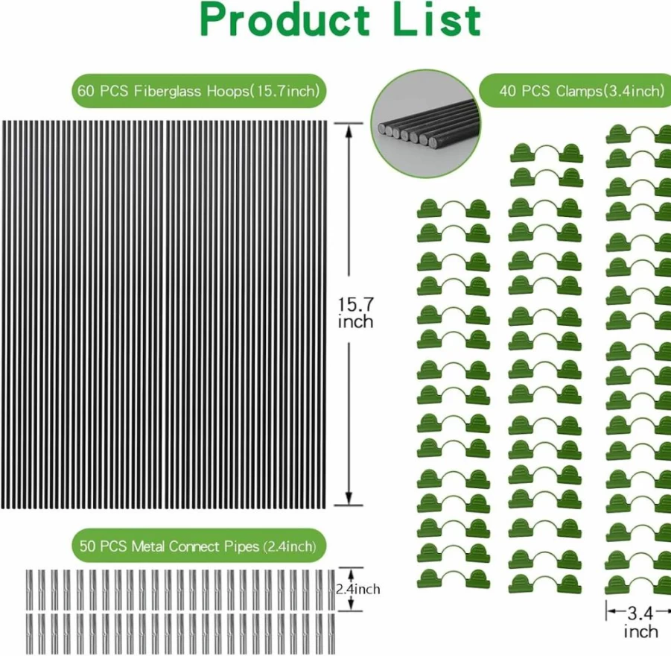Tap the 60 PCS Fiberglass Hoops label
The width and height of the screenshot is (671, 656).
pos(199,91)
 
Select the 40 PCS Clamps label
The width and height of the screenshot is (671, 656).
pos(582,90)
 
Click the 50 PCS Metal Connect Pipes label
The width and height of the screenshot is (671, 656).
pos(198,546)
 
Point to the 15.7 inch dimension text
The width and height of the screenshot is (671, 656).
pos(356,313)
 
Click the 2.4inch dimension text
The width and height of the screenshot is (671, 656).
pos(357,589)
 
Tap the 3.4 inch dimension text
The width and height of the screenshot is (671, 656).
pos(640,622)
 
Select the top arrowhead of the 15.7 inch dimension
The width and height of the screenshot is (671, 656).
pos(349,130)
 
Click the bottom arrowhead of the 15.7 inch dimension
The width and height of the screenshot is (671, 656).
pos(349,498)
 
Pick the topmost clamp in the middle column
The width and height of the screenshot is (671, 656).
pos(547,154)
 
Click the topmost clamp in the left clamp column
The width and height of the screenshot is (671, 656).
pos(454,209)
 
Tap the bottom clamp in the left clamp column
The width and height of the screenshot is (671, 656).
pos(454,578)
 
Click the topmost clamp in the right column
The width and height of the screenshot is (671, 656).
pos(638,134)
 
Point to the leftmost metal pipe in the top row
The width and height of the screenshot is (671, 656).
pos(30,590)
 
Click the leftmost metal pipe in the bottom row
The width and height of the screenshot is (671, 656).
pos(30,634)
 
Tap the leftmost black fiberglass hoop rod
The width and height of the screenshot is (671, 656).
pos(4,315)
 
